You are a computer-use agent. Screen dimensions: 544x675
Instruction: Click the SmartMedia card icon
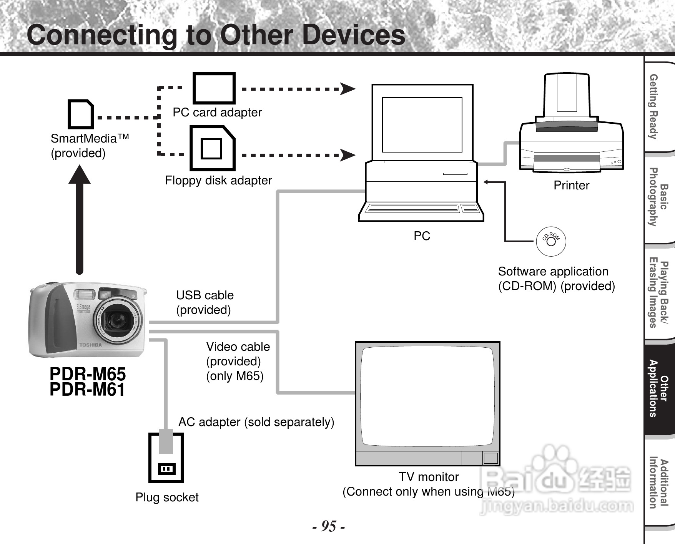click(81, 114)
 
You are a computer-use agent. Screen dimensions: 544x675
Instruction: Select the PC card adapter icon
click(214, 88)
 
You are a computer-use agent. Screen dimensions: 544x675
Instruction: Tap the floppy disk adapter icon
click(212, 148)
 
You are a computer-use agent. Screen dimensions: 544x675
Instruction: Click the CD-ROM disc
click(551, 241)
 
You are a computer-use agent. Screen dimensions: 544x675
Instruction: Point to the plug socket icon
click(166, 458)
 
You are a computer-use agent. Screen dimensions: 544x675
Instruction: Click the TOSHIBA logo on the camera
click(91, 345)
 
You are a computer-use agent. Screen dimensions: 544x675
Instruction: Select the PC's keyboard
click(421, 209)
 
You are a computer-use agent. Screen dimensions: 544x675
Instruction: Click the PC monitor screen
click(422, 125)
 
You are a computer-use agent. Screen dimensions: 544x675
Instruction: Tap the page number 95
click(328, 526)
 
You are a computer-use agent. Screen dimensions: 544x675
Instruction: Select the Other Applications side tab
click(659, 388)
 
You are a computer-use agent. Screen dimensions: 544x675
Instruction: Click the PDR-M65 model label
click(88, 374)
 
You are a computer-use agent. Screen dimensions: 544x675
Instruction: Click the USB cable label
click(205, 295)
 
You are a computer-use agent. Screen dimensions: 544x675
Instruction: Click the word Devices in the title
click(354, 35)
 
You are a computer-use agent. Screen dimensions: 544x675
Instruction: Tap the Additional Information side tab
click(659, 483)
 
